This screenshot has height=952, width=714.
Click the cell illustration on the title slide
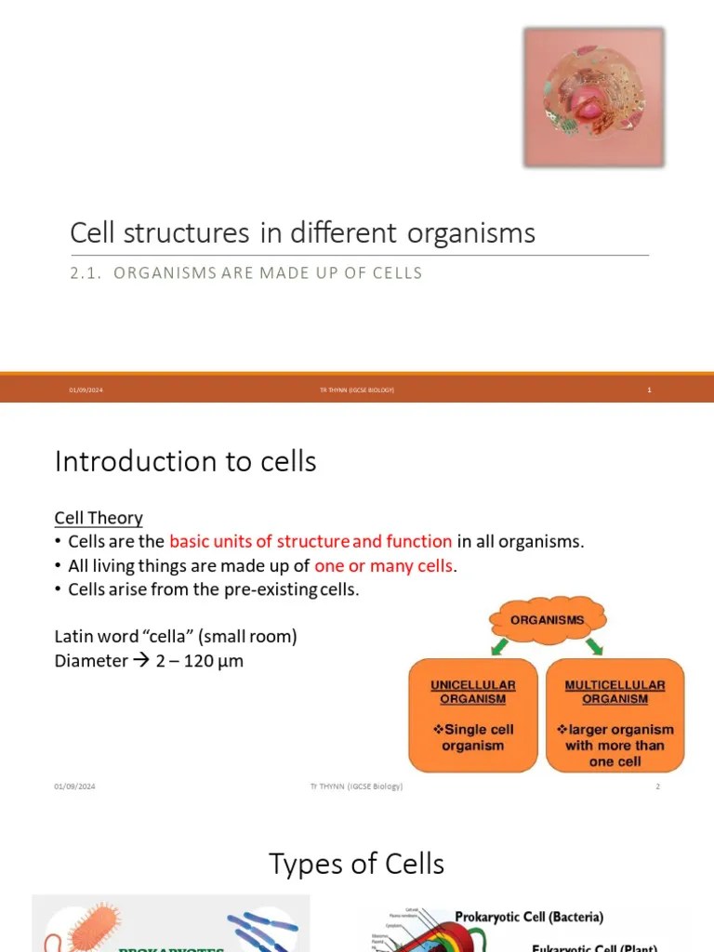[594, 98]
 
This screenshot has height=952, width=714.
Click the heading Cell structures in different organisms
[303, 232]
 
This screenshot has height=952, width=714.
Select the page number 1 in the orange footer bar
[650, 390]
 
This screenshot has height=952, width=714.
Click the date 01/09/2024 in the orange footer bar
[86, 390]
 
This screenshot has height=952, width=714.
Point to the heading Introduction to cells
[186, 461]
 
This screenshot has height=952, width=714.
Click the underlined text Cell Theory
[99, 518]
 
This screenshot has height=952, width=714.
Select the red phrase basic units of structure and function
[311, 542]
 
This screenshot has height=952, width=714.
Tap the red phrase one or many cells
[384, 566]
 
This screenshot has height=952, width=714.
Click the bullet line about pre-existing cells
[213, 590]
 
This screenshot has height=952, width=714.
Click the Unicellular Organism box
[473, 714]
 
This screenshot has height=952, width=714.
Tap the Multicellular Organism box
[615, 714]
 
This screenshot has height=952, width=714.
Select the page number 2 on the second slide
[657, 787]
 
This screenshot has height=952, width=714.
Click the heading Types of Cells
[357, 864]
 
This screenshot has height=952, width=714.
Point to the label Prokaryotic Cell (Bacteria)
[528, 917]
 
